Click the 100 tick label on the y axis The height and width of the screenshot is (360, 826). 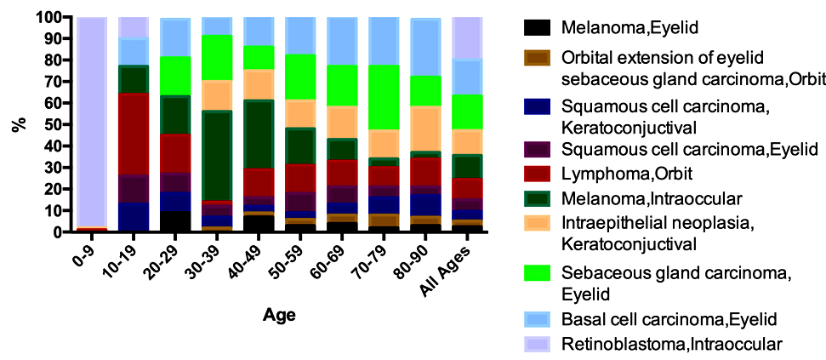click(x=48, y=17)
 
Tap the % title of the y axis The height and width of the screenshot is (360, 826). click(x=17, y=124)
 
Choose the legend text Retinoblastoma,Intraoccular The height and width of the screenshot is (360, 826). click(x=671, y=344)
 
